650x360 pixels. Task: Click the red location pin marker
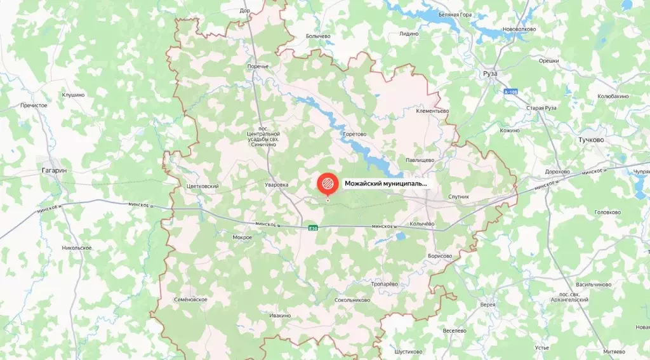(328, 184)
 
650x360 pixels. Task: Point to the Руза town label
(489, 74)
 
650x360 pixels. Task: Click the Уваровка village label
(276, 185)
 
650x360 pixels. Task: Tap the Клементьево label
(432, 111)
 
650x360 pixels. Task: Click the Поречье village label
(258, 66)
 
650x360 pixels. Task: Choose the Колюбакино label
(613, 96)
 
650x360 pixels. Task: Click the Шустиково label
(408, 351)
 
